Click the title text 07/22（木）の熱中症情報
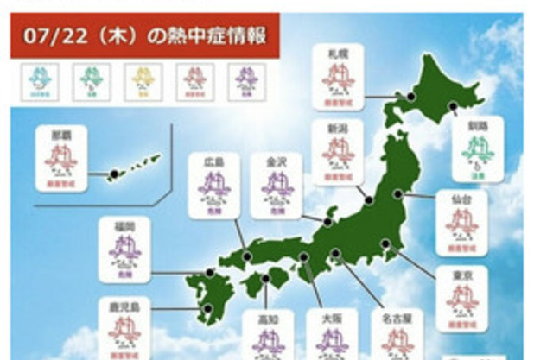point(143,37)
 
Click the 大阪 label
point(332,319)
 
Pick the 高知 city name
point(268,319)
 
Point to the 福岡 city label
point(130,225)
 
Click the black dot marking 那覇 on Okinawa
point(113,175)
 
